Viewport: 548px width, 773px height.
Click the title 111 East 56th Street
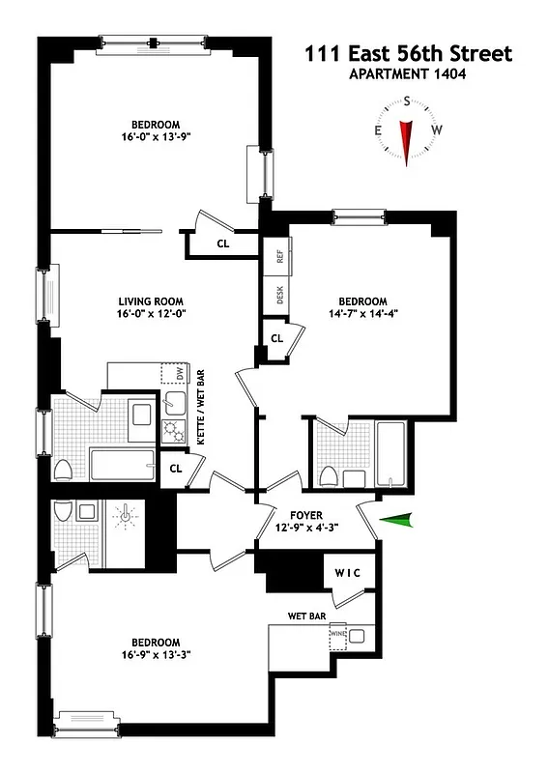(x=407, y=54)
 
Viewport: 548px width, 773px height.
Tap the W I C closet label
(x=347, y=573)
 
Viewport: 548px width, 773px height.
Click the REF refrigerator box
(x=279, y=257)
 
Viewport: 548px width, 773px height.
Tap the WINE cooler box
(x=338, y=635)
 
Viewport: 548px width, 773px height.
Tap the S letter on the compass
(x=408, y=100)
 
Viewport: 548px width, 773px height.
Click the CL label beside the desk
(x=275, y=338)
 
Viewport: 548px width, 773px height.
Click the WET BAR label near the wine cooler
(x=306, y=615)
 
